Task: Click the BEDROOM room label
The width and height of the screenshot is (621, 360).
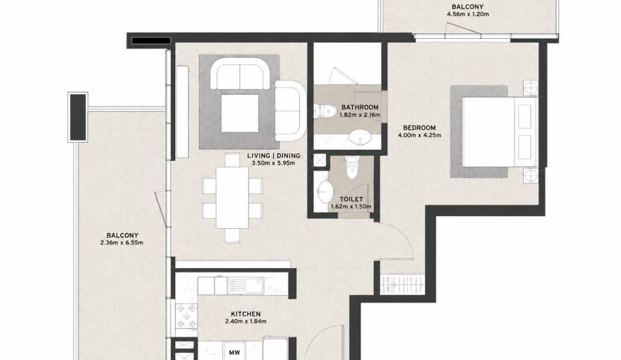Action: click(x=419, y=128)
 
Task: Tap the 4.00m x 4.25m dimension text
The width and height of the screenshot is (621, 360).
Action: click(x=419, y=135)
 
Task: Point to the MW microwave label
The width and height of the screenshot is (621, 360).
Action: click(x=234, y=352)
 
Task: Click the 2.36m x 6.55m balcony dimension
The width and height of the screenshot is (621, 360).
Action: click(x=122, y=243)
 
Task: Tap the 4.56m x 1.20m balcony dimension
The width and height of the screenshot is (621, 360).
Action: click(x=468, y=14)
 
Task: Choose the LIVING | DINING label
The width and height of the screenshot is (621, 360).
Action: click(x=274, y=155)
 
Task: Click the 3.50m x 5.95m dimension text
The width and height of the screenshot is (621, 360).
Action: click(x=274, y=163)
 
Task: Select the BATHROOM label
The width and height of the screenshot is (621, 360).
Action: click(x=360, y=107)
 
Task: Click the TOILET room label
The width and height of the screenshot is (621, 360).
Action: click(x=351, y=199)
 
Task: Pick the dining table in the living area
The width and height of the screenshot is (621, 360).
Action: click(x=232, y=198)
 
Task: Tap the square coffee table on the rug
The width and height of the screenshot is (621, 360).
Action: click(x=240, y=113)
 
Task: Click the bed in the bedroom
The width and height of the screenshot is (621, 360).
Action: click(x=500, y=131)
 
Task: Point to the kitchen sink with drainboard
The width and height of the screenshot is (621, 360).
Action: click(x=245, y=285)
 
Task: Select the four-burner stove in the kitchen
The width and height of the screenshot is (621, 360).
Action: click(x=186, y=316)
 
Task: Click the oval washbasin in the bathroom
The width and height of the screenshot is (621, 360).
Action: click(x=360, y=138)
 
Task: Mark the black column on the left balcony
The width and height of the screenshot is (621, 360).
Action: click(x=78, y=117)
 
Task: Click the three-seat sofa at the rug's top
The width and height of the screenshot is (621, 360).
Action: click(x=240, y=74)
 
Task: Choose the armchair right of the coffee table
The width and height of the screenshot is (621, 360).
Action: click(x=290, y=111)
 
